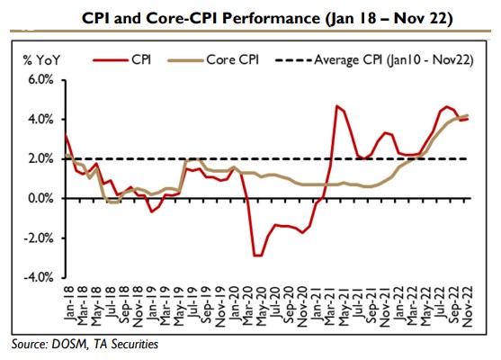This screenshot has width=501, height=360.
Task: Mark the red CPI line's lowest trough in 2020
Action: [x=258, y=256]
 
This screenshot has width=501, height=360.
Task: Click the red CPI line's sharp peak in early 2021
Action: [x=336, y=106]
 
